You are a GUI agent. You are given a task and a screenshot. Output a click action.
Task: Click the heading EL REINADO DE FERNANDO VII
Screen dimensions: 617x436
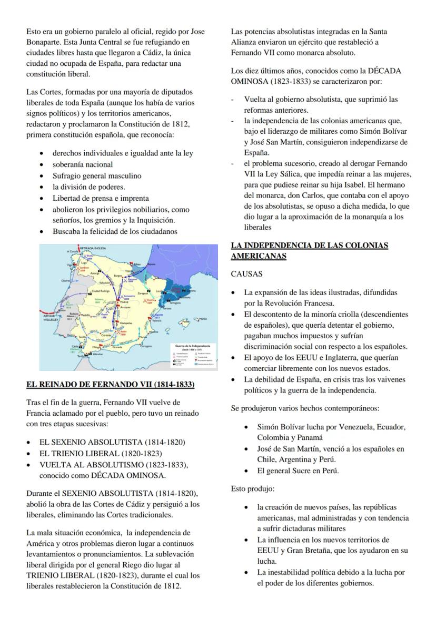coord(110,385)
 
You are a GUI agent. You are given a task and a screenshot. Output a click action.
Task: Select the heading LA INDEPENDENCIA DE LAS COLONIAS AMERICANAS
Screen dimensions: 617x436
coord(309,251)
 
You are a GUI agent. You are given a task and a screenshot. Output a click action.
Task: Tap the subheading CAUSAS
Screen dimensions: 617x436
coord(246,274)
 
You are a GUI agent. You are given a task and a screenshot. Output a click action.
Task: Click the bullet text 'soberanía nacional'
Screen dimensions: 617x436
coord(82,164)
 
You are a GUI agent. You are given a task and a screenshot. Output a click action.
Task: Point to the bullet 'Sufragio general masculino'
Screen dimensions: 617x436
coord(96,175)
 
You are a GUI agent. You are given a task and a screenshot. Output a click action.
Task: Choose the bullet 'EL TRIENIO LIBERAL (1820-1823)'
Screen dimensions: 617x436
coord(101,453)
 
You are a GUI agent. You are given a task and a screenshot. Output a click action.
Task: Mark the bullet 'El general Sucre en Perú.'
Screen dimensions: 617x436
coord(298,471)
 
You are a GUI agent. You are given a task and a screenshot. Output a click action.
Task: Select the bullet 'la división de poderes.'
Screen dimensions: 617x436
coord(88,187)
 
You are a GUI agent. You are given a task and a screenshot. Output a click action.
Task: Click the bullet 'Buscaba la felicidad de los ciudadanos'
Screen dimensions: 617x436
coord(115,231)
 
